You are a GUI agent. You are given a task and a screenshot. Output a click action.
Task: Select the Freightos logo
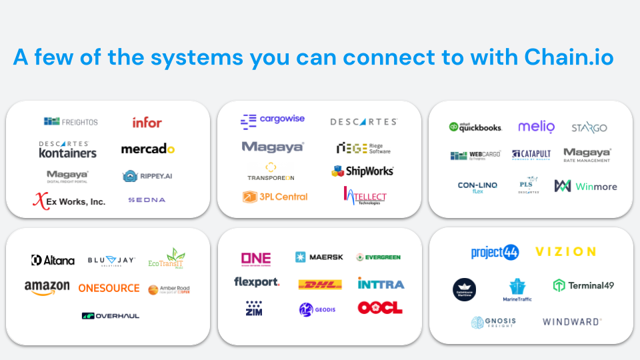tap(71, 122)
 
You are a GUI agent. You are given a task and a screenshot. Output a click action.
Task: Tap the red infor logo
tap(147, 123)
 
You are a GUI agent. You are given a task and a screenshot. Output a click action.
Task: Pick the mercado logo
tap(148, 149)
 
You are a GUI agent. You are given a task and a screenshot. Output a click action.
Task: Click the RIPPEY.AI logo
tap(147, 176)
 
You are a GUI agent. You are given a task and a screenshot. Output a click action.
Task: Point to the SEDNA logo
tap(147, 200)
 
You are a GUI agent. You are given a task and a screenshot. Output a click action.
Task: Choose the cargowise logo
tap(273, 120)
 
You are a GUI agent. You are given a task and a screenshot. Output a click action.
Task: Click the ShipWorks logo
tap(363, 171)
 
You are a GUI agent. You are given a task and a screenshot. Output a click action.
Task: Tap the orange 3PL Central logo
tap(275, 197)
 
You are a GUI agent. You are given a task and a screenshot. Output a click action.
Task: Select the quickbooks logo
tap(475, 127)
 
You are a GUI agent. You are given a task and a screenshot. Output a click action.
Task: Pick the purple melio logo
tap(536, 127)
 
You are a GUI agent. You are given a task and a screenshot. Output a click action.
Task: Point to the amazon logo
tap(47, 287)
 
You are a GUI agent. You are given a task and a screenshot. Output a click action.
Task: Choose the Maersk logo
tap(319, 257)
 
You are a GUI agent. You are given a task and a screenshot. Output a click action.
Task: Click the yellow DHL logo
tap(320, 284)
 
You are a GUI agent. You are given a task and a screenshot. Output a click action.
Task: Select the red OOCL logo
tap(380, 308)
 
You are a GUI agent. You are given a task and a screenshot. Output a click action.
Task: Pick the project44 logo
tap(495, 252)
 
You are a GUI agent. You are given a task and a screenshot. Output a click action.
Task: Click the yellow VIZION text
tap(565, 252)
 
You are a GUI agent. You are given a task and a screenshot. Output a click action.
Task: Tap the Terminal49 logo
tap(583, 285)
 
